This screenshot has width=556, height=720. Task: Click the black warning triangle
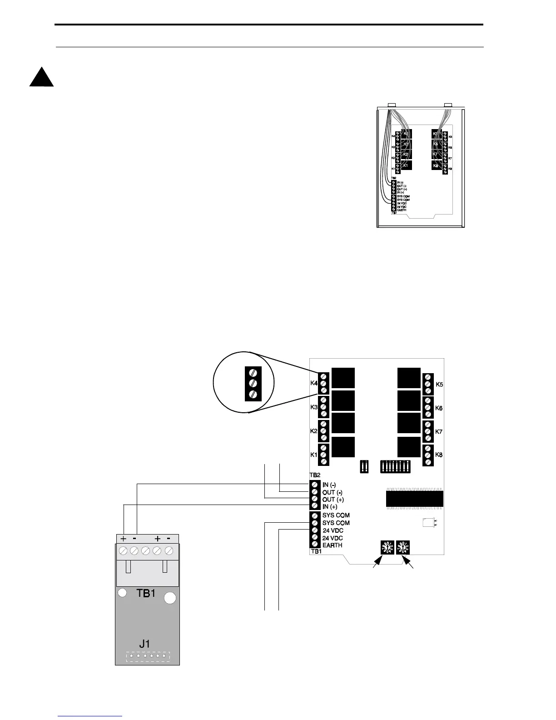(41, 78)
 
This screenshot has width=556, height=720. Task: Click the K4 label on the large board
(313, 383)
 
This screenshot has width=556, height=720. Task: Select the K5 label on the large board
(439, 385)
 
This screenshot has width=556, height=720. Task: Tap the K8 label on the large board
(439, 455)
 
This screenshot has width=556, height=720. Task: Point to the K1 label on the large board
(313, 455)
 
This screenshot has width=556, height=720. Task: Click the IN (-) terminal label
(329, 485)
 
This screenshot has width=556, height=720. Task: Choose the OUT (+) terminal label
(333, 500)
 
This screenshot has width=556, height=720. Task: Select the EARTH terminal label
(333, 545)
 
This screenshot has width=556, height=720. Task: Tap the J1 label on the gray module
(145, 644)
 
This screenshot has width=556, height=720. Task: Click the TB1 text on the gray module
(146, 593)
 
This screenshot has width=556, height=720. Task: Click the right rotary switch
(403, 547)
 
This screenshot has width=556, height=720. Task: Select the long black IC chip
(414, 499)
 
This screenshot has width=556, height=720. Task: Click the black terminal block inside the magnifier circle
(253, 383)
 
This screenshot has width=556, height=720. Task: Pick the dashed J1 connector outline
(148, 657)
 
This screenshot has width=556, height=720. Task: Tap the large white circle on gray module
(170, 598)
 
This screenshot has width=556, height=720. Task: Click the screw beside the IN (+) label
(315, 506)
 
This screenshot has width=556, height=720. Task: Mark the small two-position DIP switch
(363, 467)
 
